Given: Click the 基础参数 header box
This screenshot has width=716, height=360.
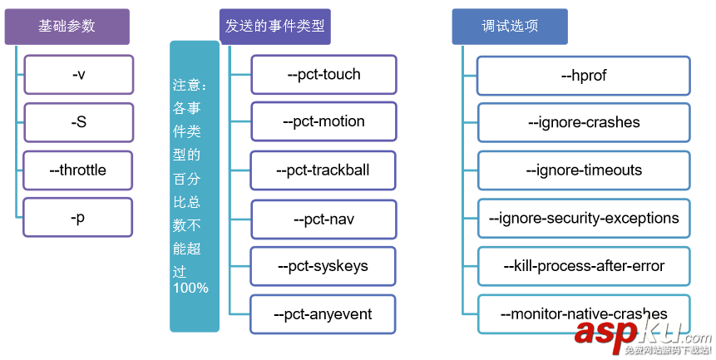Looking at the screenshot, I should (x=67, y=27).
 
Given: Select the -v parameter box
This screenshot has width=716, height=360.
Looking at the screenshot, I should (x=78, y=74).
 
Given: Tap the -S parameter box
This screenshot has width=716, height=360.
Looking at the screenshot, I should (x=78, y=122).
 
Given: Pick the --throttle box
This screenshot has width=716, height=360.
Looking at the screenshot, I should (x=78, y=170).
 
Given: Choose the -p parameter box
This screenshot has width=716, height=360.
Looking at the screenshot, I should (x=78, y=218).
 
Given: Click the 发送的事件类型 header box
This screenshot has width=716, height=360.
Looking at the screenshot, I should (x=274, y=27).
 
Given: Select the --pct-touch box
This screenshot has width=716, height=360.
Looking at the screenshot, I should (x=323, y=74).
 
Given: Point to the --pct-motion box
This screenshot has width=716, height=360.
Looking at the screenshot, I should (x=323, y=121).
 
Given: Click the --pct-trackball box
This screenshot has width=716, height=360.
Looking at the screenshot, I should (x=323, y=170).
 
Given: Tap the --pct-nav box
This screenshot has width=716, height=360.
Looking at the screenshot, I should (x=323, y=219).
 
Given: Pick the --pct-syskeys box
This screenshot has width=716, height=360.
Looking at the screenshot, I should (x=323, y=266).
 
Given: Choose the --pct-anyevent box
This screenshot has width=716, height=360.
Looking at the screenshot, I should (x=323, y=314).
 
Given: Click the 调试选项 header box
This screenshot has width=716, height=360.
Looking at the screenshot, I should (x=510, y=27).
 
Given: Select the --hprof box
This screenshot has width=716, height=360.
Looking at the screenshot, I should (x=584, y=76).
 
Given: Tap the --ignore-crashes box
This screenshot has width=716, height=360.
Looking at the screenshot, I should (x=584, y=123).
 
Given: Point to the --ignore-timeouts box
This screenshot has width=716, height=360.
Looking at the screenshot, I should (x=584, y=170).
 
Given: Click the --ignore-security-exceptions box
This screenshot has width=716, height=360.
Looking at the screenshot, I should (x=584, y=219).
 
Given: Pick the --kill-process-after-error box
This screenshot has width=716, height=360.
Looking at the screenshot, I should (x=584, y=266).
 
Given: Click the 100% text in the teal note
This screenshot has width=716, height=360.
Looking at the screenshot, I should (x=190, y=288).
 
